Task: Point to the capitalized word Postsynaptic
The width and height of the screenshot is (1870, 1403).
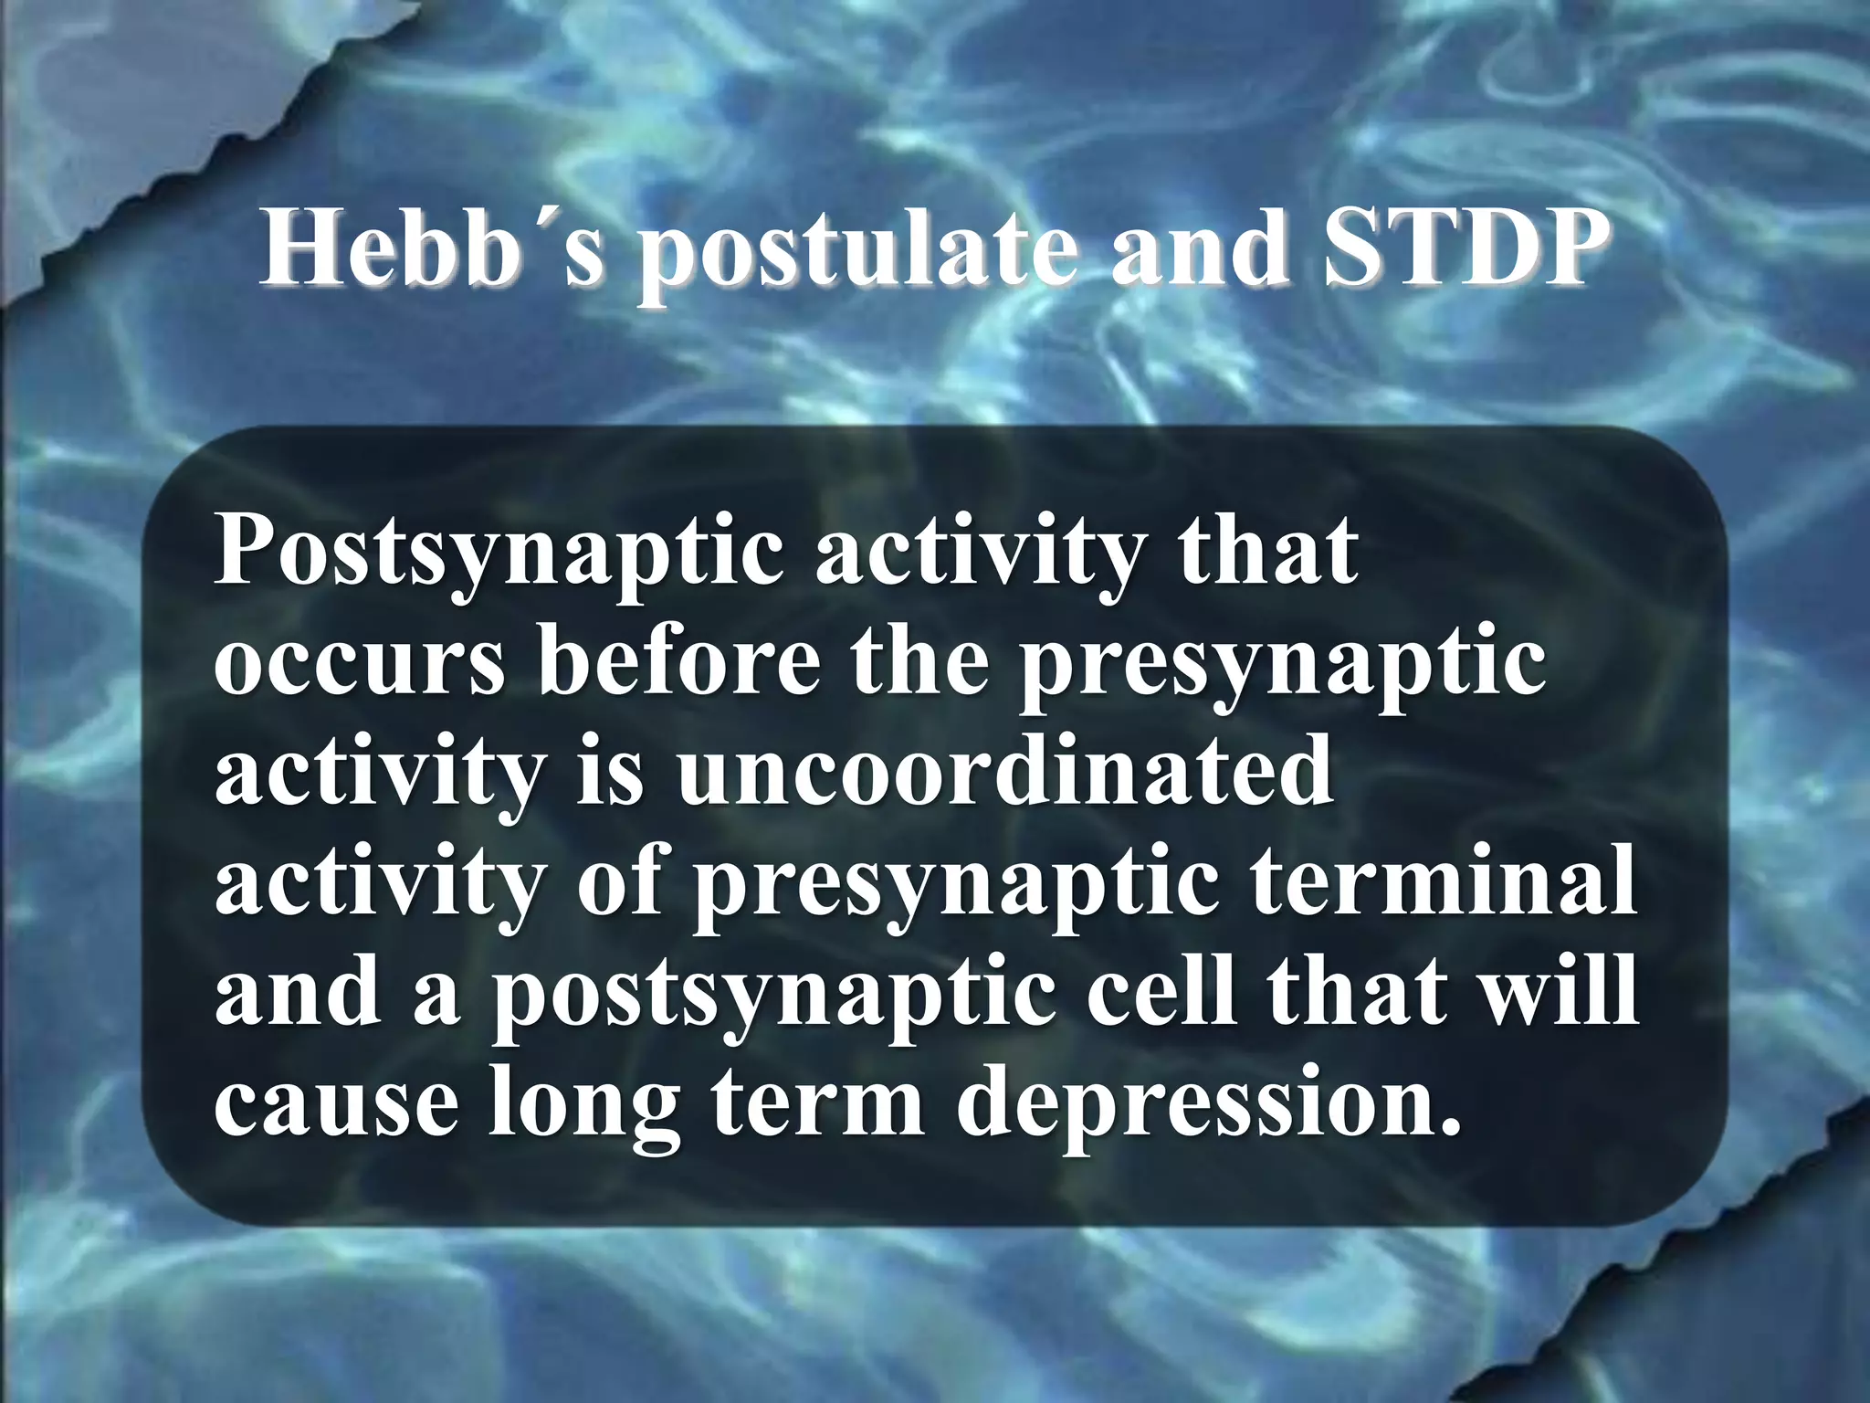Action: [499, 554]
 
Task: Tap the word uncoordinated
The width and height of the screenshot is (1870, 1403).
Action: [1005, 772]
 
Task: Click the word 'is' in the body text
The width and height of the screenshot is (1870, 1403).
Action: [610, 772]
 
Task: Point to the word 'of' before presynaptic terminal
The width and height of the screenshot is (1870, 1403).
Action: [619, 881]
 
